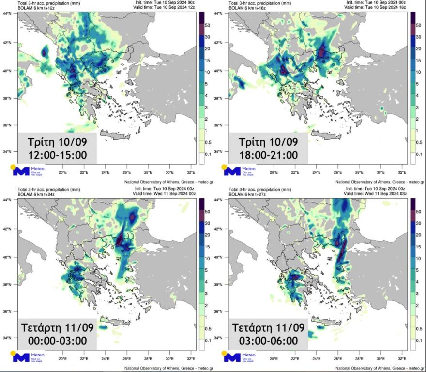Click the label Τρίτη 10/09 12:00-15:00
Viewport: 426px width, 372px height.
[57, 148]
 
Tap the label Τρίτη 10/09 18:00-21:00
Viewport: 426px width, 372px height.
[268, 148]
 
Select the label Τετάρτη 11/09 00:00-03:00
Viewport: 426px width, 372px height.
[57, 334]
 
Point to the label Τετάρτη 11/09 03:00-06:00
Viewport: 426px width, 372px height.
[268, 334]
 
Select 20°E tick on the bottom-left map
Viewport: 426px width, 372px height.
[62, 359]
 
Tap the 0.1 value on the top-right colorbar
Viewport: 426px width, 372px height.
[420, 154]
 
